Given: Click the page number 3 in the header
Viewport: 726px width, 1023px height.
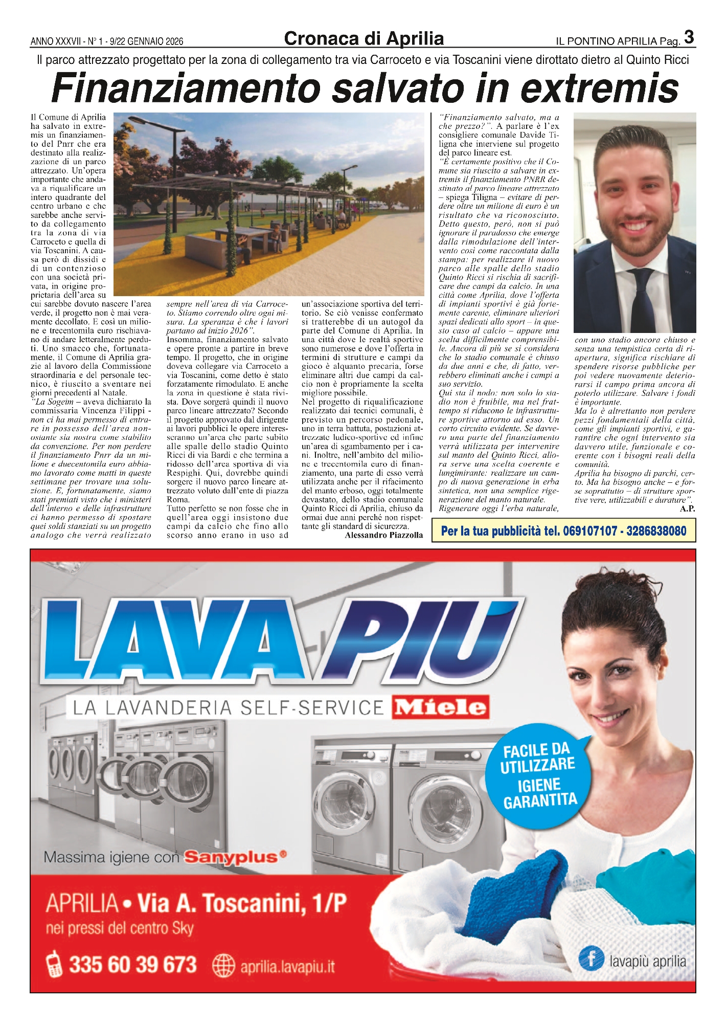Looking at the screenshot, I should (x=689, y=37).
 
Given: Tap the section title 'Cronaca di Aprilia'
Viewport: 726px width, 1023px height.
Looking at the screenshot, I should (x=364, y=39).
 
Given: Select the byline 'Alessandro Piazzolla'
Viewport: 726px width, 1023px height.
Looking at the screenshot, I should (x=384, y=535).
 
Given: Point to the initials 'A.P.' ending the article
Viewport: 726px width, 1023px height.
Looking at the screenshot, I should (x=687, y=508).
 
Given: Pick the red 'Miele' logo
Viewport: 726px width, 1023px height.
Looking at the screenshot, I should (x=440, y=707).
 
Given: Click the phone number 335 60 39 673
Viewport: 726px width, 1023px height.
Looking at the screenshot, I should (x=133, y=965).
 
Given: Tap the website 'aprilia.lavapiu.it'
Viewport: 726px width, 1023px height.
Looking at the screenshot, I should (x=287, y=967).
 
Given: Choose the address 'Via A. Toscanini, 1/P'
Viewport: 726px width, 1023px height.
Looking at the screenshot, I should (x=242, y=904).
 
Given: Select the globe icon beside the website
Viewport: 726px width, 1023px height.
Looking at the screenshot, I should (x=223, y=966).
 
